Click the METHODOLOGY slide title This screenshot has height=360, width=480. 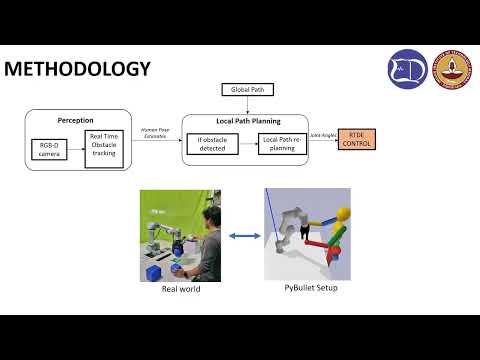coord(78,69)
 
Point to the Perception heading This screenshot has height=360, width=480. coord(75,120)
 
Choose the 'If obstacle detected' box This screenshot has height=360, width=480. coord(211,144)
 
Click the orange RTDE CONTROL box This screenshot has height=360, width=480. coord(358,139)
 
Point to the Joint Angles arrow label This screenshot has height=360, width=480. coord(323,134)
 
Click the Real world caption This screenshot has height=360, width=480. coord(180,290)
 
